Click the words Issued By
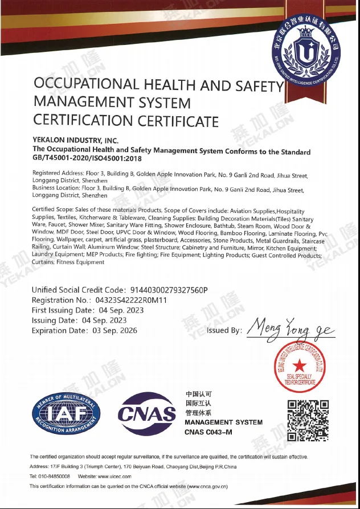[x=224, y=331]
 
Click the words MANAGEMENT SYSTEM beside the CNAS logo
[x=223, y=422]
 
